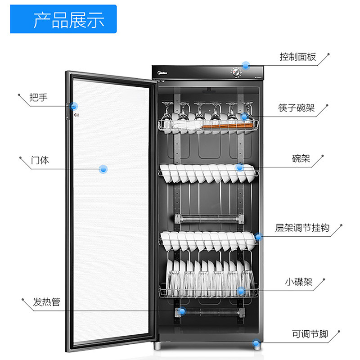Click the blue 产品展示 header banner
[x=63, y=19]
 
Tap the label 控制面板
[x=298, y=57]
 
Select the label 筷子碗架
[x=296, y=108]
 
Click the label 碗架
[x=301, y=159]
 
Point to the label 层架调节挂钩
[x=302, y=228]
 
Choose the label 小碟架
[x=298, y=282]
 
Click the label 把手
[x=38, y=97]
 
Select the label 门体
[x=40, y=160]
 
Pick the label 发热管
[x=46, y=301]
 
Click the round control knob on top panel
[x=235, y=72]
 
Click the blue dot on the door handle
[x=74, y=107]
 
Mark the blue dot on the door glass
[x=103, y=169]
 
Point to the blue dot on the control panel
[x=246, y=65]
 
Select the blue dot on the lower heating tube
[x=181, y=311]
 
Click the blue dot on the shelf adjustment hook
[x=258, y=237]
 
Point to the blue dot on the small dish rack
[x=241, y=292]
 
